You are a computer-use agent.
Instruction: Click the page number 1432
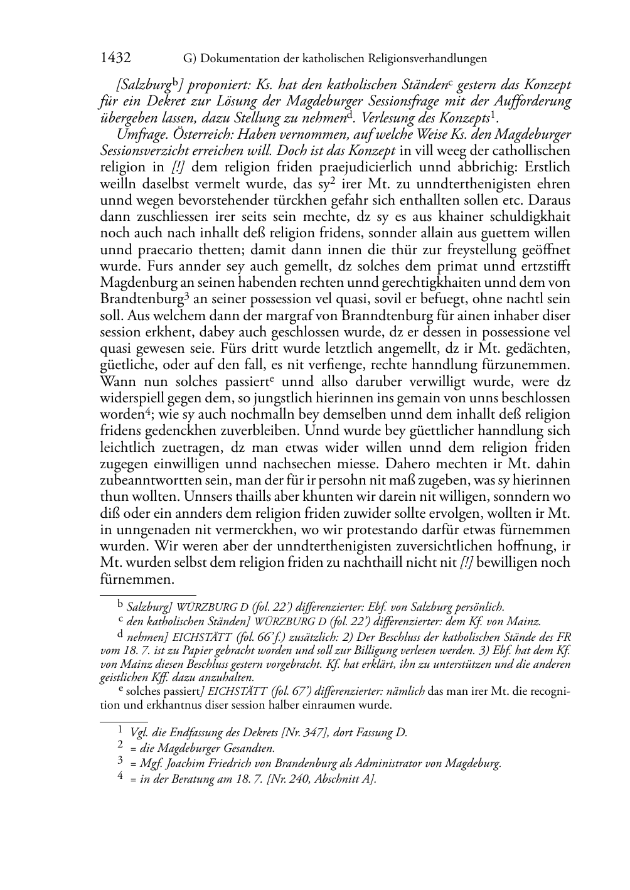tap(115, 58)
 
